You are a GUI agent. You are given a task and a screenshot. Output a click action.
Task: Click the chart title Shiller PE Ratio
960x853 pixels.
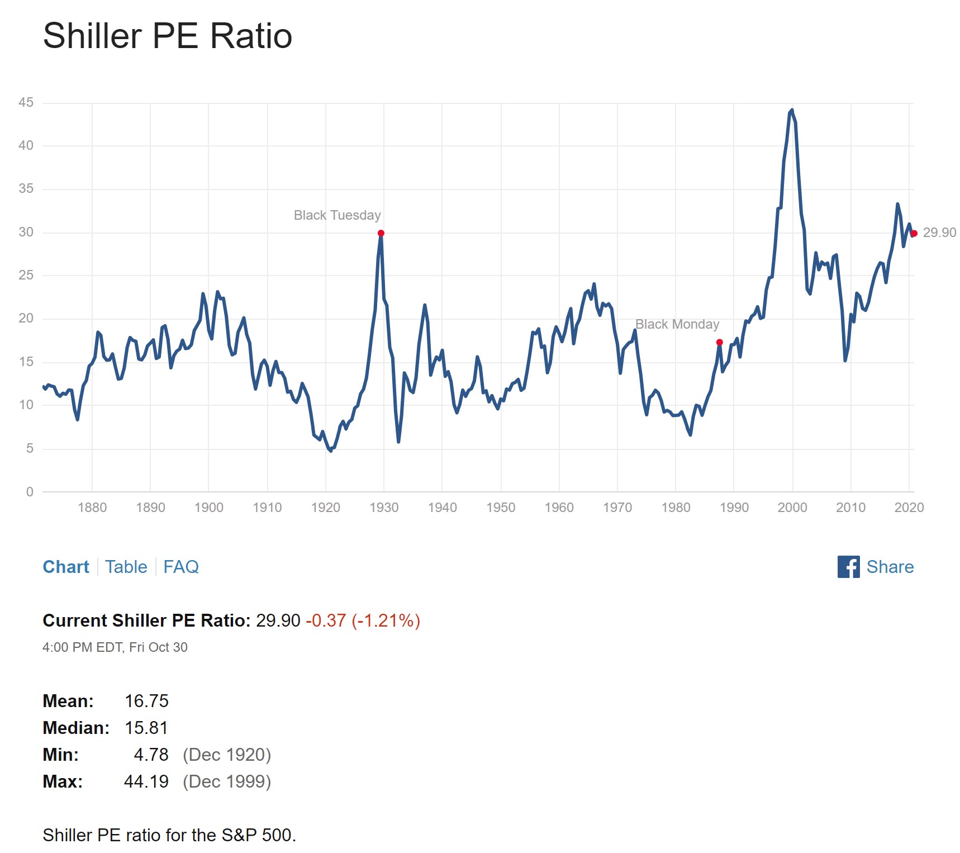(168, 36)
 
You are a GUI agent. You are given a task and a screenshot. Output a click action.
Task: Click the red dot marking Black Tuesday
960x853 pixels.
(381, 233)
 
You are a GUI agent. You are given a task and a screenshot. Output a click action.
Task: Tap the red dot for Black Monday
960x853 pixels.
(719, 342)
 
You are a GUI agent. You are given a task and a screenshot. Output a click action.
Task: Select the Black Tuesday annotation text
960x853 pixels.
(337, 215)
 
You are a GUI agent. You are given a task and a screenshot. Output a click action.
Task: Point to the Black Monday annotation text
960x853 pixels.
(677, 324)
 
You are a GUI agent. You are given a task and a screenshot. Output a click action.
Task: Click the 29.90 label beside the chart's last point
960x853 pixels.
(939, 233)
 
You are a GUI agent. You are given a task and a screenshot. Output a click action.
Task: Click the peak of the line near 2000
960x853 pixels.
(792, 111)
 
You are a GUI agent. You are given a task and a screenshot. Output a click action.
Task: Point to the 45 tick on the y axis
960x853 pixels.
(26, 102)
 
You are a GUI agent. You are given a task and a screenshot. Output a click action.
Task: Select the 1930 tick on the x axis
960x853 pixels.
(384, 508)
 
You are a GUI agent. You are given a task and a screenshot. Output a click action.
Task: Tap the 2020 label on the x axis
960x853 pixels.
(909, 508)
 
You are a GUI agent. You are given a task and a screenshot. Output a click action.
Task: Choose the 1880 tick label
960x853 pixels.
(92, 508)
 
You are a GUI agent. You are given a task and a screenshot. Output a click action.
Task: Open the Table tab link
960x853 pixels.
(126, 567)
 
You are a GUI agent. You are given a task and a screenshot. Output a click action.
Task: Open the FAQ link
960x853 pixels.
(180, 567)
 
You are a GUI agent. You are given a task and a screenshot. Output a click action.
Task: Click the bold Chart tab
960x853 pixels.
(66, 567)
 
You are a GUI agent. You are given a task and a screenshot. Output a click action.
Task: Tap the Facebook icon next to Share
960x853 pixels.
(848, 567)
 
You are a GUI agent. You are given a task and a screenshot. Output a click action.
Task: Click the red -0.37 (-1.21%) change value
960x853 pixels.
(363, 620)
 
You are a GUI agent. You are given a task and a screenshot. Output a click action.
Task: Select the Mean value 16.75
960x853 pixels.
(146, 701)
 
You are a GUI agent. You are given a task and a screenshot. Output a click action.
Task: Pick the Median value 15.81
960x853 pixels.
(146, 728)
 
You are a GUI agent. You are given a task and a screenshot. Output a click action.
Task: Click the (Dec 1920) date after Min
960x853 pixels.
(227, 755)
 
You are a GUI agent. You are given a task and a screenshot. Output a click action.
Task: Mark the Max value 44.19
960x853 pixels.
(146, 781)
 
